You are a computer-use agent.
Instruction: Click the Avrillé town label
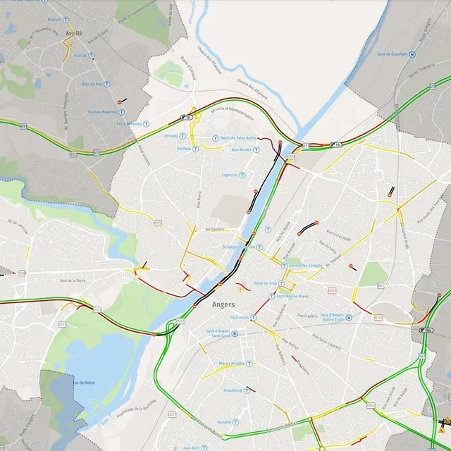(73, 33)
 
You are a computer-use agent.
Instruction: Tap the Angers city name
(223, 304)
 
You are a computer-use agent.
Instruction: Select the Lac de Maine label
(85, 383)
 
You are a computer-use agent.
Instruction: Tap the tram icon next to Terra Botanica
(147, 123)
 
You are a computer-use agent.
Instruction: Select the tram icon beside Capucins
(242, 175)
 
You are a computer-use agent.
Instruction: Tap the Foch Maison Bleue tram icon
(271, 297)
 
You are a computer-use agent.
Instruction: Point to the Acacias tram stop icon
(92, 54)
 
